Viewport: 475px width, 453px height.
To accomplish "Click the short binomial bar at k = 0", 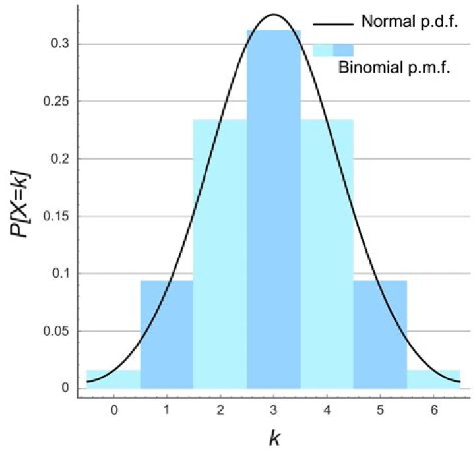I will pyautogui.click(x=113, y=379).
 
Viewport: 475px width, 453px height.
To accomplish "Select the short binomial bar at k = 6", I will pyautogui.click(x=433, y=379).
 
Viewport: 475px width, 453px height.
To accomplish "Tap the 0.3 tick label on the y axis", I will pyautogui.click(x=61, y=44).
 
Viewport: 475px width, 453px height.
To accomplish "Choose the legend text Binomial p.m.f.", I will pyautogui.click(x=393, y=67).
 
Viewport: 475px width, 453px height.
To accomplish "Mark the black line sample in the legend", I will pyautogui.click(x=332, y=25).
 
